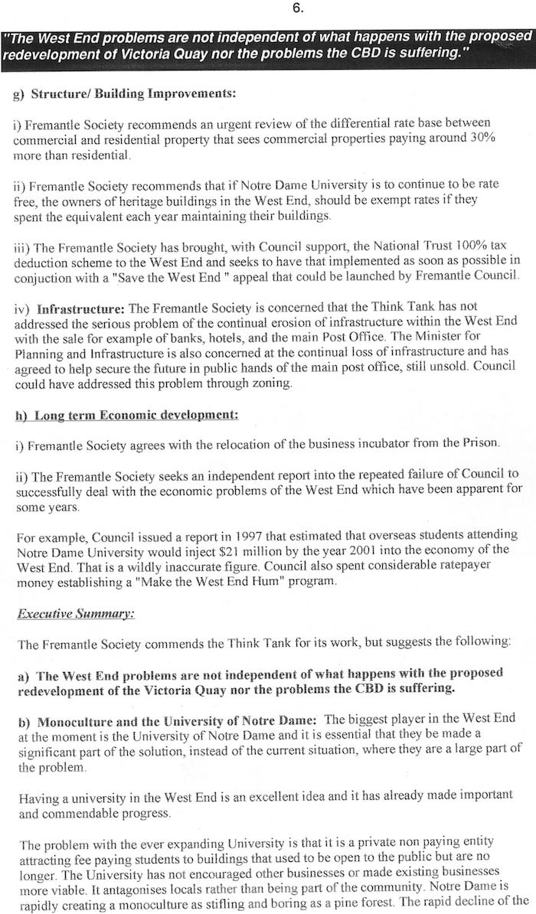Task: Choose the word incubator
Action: click(x=351, y=442)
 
